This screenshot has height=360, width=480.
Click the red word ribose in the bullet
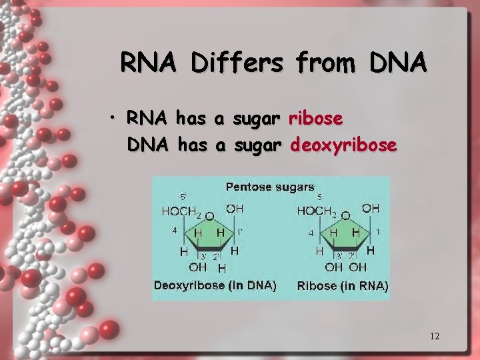pyautogui.click(x=316, y=119)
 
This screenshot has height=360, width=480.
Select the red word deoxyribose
pyautogui.click(x=344, y=145)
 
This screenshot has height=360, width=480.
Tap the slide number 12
pyautogui.click(x=435, y=336)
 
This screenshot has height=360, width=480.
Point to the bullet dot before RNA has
pyautogui.click(x=115, y=119)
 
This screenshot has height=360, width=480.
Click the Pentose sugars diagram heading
pyautogui.click(x=270, y=187)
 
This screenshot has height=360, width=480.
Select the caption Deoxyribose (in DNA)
pyautogui.click(x=215, y=285)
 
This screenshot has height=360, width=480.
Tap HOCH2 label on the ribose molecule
pyautogui.click(x=318, y=211)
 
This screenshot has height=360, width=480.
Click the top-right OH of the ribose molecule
pyautogui.click(x=371, y=209)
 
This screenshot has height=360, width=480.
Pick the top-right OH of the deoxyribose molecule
pyautogui.click(x=234, y=209)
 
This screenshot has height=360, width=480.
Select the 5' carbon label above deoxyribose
pyautogui.click(x=183, y=197)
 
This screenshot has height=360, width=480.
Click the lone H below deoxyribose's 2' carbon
pyautogui.click(x=222, y=268)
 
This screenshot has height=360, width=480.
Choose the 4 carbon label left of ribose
pyautogui.click(x=311, y=233)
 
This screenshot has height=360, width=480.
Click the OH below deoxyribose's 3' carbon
pyautogui.click(x=197, y=267)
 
